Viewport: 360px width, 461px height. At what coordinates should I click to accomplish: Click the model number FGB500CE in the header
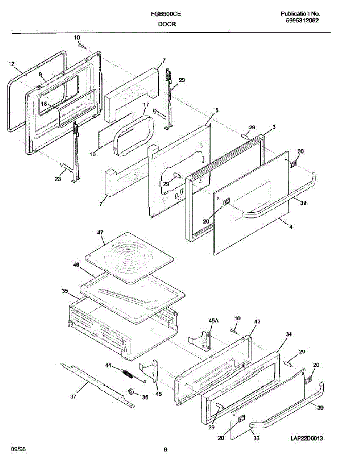[x=166, y=15]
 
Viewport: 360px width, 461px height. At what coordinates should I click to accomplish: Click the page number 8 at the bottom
[x=165, y=449]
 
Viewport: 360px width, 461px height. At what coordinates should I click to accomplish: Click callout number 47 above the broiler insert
[x=101, y=233]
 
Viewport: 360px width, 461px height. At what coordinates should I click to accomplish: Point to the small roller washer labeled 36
[x=131, y=391]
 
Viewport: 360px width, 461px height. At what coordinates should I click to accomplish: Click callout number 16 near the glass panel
[x=93, y=154]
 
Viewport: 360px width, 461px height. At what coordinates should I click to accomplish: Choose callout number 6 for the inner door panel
[x=217, y=110]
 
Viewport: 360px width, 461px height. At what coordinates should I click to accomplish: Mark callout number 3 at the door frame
[x=274, y=127]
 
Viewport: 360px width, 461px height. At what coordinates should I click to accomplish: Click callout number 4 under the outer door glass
[x=291, y=227]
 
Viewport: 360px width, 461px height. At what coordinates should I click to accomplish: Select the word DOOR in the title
[x=166, y=24]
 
